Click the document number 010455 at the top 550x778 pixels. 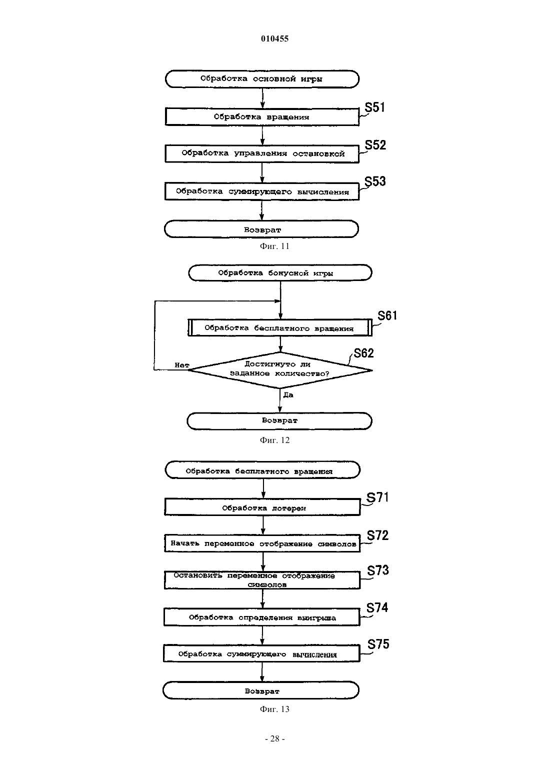pyautogui.click(x=274, y=38)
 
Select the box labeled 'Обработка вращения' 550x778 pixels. pyautogui.click(x=262, y=116)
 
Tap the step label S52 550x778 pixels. pyautogui.click(x=375, y=145)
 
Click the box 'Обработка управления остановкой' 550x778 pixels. pyautogui.click(x=262, y=153)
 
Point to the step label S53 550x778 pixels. pyautogui.click(x=375, y=181)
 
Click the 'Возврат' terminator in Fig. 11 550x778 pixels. pyautogui.click(x=261, y=229)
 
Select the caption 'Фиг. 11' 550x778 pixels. pyautogui.click(x=274, y=246)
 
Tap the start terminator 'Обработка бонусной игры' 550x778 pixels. pyautogui.click(x=280, y=272)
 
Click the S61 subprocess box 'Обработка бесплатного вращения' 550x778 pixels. pyautogui.click(x=280, y=327)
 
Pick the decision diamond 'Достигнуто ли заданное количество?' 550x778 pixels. pyautogui.click(x=280, y=370)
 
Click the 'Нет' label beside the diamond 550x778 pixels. pyautogui.click(x=182, y=365)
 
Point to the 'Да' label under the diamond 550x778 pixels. pyautogui.click(x=288, y=395)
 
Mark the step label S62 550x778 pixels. pyautogui.click(x=363, y=353)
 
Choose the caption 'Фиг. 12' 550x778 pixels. pyautogui.click(x=274, y=440)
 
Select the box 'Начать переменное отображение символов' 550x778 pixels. pyautogui.click(x=262, y=543)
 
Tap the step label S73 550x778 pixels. pyautogui.click(x=378, y=570)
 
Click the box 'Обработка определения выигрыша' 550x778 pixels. pyautogui.click(x=262, y=617)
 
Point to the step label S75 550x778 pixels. pyautogui.click(x=378, y=644)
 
